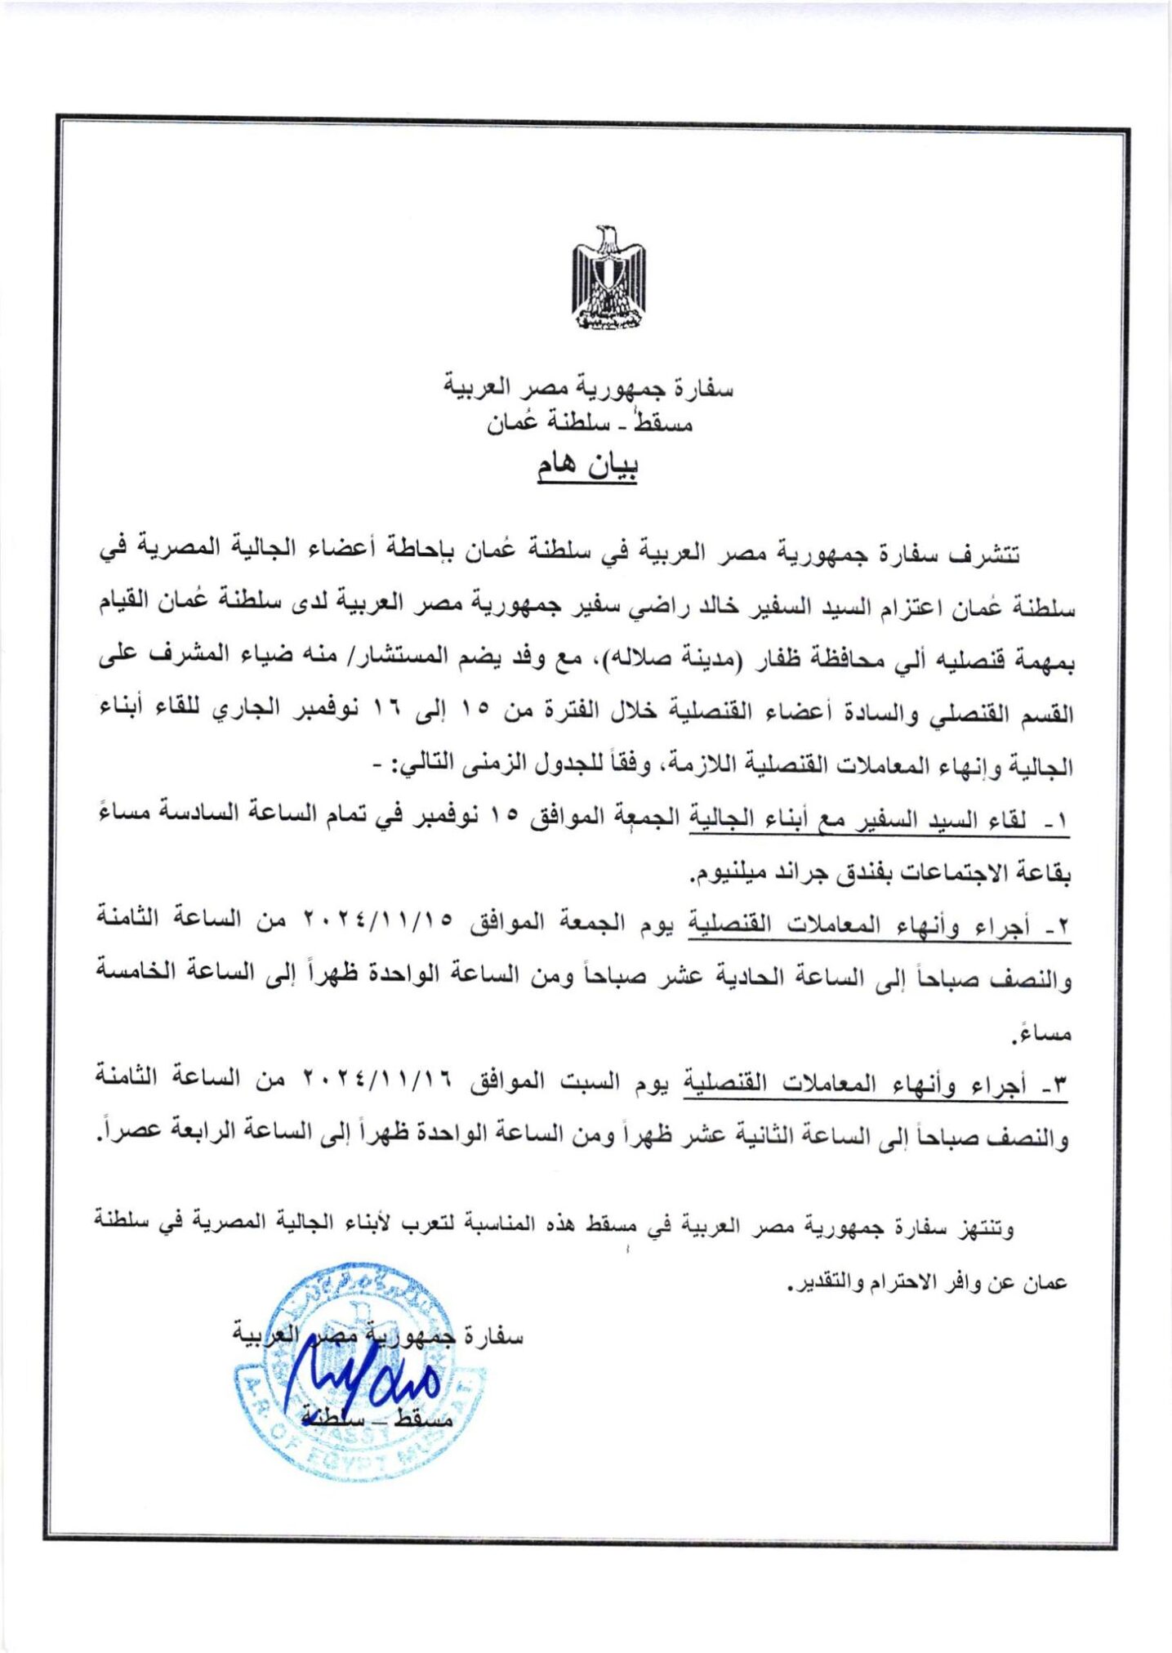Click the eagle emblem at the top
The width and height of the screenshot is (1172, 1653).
coord(608,278)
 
